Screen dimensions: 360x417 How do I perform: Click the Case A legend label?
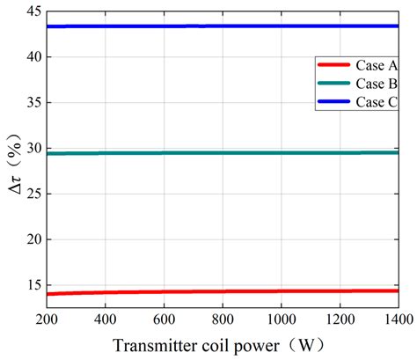pyautogui.click(x=376, y=66)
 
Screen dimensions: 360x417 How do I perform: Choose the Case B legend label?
pyautogui.click(x=376, y=84)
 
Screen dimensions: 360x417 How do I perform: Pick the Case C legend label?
pyautogui.click(x=376, y=103)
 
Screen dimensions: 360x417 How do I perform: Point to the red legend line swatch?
pyautogui.click(x=333, y=66)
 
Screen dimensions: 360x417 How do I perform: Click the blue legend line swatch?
pyautogui.click(x=333, y=103)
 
